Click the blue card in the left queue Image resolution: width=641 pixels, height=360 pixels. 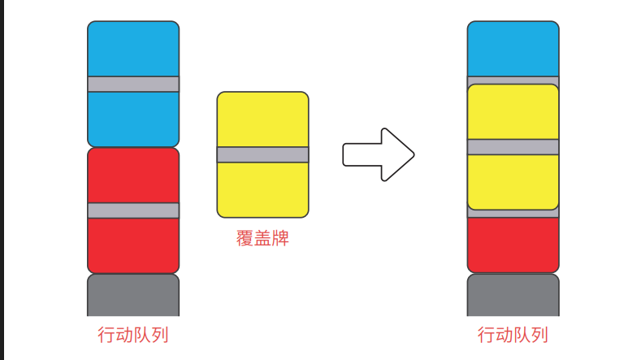coord(133,49)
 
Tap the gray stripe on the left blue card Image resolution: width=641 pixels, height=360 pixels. coord(133,84)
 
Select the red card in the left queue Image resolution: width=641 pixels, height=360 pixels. coord(133,175)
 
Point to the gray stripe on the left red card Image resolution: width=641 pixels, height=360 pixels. coord(133,210)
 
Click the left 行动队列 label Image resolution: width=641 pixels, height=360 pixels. coord(133,335)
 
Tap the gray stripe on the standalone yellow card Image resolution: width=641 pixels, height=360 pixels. coord(262,154)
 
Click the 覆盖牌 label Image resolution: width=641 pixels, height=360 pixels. coord(262,240)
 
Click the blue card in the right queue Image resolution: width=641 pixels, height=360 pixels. coord(513,49)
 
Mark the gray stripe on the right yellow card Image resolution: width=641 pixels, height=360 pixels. coord(513,147)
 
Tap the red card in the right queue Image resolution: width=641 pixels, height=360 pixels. coord(513,244)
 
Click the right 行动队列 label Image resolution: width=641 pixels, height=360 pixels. coord(513,335)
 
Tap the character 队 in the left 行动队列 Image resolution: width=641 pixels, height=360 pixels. coord(142,335)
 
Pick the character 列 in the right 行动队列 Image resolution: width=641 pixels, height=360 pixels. coord(539,335)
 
